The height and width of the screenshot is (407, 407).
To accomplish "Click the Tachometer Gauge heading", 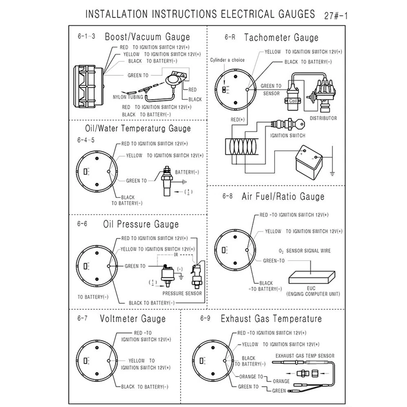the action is point(281,37).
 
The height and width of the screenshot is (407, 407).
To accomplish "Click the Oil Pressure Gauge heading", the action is point(140,224).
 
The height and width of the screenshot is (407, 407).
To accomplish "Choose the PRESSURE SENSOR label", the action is point(182,294).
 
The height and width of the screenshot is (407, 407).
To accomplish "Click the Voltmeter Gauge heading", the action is point(133,319).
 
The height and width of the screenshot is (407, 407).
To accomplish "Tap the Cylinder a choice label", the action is point(227,60).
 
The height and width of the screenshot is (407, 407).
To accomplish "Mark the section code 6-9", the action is point(206,319).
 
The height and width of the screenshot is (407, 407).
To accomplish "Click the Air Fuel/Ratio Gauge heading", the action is point(282,196).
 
